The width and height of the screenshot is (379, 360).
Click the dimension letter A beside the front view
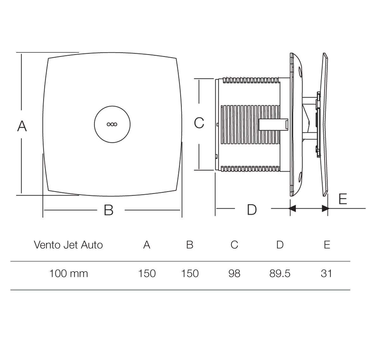tap(22, 126)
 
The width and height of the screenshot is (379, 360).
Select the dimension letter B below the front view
tap(108, 210)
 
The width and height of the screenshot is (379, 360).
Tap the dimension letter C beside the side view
tap(199, 123)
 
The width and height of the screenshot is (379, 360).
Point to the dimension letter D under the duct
tap(251, 210)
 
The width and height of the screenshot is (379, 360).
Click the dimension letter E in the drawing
tap(343, 199)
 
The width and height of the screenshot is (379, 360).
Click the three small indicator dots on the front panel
tap(112, 124)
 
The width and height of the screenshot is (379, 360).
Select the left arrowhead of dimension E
tap(292, 208)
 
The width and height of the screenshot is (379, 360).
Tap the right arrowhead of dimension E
tap(325, 208)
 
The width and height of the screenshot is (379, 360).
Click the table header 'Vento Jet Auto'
tap(68, 245)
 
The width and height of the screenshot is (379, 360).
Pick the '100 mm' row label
tap(68, 273)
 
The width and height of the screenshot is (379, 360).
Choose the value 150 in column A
tap(147, 273)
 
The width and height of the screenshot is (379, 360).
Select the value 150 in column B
tap(189, 273)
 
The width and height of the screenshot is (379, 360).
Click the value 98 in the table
tap(234, 273)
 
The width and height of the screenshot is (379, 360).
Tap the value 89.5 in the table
tap(280, 273)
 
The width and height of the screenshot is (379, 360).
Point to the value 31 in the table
tap(326, 273)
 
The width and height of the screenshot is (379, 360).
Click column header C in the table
tap(234, 245)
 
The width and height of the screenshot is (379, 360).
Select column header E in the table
tap(327, 245)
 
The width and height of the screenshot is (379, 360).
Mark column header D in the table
tap(280, 245)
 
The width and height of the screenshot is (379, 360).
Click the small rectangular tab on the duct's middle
tap(273, 124)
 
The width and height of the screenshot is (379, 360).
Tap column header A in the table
tap(147, 245)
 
